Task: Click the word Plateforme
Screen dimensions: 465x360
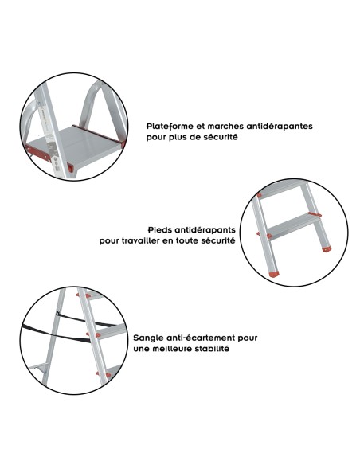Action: tap(169, 126)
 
